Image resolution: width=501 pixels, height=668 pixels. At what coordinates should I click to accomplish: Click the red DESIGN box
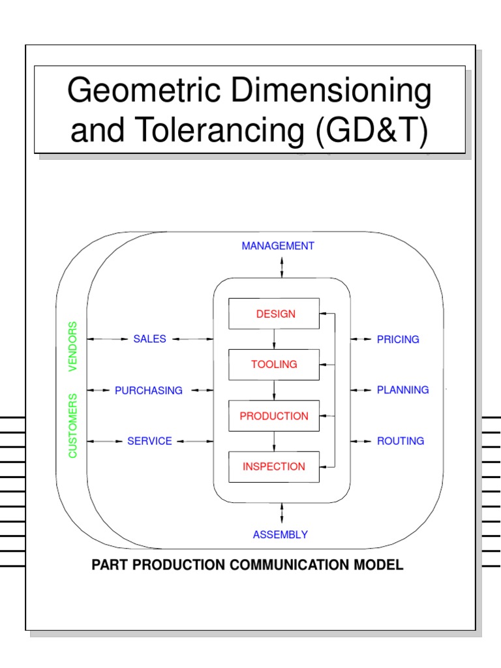(274, 314)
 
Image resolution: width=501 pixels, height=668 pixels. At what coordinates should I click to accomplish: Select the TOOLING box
(274, 365)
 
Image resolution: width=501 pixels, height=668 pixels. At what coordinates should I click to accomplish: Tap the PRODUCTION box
(274, 416)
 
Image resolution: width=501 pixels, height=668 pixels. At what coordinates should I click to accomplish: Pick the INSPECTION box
(274, 466)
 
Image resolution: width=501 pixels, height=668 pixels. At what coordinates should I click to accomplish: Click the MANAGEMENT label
(278, 246)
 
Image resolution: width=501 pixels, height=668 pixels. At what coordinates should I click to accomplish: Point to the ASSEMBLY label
(281, 535)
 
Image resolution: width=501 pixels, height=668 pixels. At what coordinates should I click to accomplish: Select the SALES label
(150, 339)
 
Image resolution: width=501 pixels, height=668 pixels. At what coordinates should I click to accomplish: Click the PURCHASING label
(149, 390)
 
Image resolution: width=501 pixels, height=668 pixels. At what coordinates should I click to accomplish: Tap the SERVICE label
(150, 441)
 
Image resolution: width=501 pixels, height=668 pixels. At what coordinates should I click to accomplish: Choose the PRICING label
(398, 339)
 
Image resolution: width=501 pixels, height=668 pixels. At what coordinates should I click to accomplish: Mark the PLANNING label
(402, 389)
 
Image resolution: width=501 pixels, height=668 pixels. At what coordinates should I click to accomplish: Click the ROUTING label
(401, 441)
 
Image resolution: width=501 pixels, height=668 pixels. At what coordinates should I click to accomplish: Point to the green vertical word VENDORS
(72, 346)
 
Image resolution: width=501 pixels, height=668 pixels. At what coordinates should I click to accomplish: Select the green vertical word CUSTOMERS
(72, 425)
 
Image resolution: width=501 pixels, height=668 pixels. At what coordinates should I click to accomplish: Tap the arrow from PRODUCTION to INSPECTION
(274, 441)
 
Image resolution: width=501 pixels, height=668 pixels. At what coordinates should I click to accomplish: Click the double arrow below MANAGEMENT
(282, 267)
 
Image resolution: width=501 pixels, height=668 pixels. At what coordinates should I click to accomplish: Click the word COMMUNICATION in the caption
(307, 565)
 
